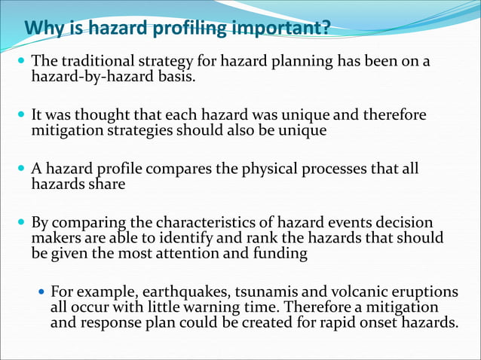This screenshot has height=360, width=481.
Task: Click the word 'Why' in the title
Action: click(42, 29)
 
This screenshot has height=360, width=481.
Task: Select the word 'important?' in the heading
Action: click(290, 29)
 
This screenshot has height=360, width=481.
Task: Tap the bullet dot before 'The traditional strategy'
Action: click(22, 61)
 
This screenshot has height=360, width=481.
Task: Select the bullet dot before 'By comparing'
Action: click(22, 224)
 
